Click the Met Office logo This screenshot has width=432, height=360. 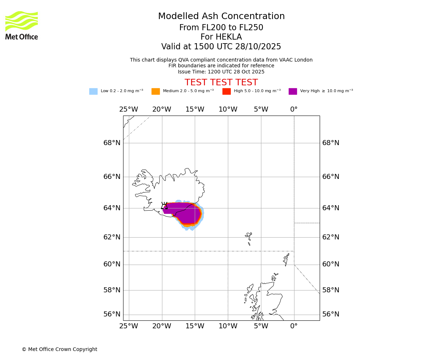point(22,25)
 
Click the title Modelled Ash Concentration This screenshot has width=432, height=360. point(221,17)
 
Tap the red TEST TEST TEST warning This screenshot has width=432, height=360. point(221,83)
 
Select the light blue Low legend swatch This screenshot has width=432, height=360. point(93,91)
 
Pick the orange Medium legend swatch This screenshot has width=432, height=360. point(156,91)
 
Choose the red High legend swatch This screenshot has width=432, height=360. point(226,91)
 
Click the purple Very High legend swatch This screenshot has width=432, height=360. point(293,91)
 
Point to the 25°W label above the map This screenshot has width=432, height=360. point(129,109)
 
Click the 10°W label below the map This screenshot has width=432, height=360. point(228,327)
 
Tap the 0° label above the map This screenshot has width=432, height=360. point(294,109)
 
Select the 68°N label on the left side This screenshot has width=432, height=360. point(112,143)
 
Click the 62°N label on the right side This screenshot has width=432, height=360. point(330,237)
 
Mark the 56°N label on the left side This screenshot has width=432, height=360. point(112,314)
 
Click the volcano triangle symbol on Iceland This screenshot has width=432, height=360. point(164,207)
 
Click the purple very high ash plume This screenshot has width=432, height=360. point(185,212)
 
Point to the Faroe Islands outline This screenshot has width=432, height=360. point(248,238)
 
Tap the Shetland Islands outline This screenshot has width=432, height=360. point(287,259)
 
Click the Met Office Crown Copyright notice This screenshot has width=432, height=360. point(59,350)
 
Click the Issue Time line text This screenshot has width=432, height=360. point(221,72)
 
